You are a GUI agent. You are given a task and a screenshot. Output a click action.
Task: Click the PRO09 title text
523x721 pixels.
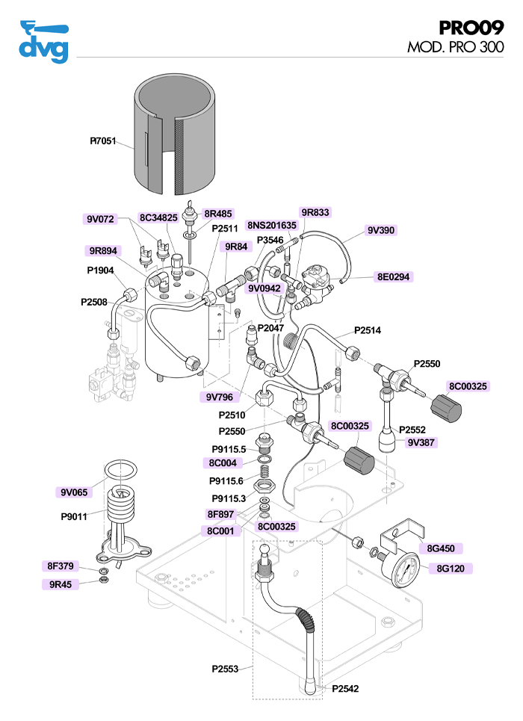pos(471,28)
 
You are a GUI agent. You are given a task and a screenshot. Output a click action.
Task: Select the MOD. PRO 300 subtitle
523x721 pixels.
pos(455,46)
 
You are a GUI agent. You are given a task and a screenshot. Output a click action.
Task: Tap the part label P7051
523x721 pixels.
pos(103,140)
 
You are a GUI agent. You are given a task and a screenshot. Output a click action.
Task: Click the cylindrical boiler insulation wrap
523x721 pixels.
pos(175,134)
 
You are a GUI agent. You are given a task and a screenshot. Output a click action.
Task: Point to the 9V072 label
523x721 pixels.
pos(100,219)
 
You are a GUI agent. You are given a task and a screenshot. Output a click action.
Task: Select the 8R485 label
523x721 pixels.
pos(218,214)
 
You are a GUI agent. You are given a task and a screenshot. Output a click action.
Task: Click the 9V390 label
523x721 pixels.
pos(381,230)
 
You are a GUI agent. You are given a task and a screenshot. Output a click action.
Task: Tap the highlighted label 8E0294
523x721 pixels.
pos(393,276)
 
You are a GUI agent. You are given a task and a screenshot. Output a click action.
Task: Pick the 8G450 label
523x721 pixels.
pos(441,548)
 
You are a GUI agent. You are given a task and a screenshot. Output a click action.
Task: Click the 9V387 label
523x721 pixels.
pos(421,442)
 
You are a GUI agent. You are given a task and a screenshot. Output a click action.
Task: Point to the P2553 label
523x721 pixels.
pos(225,669)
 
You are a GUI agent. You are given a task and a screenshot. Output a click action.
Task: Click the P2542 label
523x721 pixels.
pos(345,688)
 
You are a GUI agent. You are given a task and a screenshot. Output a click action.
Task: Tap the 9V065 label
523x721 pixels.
pos(74,492)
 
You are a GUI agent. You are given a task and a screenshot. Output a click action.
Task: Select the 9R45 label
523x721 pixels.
pos(60,584)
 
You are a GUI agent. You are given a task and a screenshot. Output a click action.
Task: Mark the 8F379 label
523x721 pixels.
pos(60,566)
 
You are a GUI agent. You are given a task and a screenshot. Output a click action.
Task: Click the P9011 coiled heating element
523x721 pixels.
pos(123,512)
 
